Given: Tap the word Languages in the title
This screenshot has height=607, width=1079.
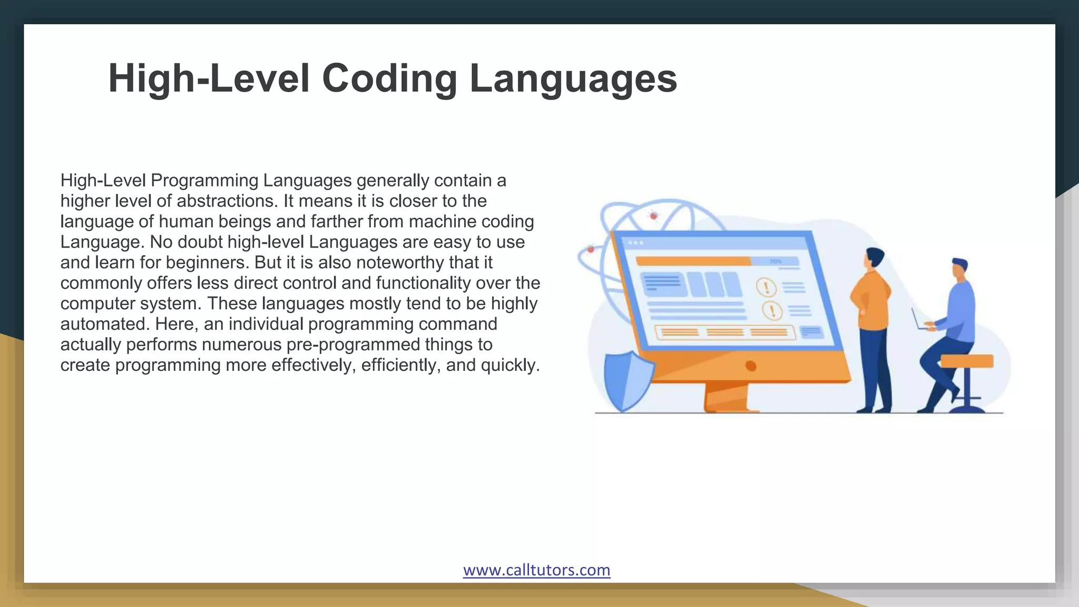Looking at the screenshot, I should [x=573, y=79].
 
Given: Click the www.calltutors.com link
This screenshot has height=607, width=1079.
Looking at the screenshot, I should [x=536, y=570].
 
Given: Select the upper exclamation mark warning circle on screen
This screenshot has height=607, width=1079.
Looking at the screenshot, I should [x=766, y=287].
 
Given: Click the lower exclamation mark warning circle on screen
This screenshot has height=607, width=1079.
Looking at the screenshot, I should [x=772, y=310].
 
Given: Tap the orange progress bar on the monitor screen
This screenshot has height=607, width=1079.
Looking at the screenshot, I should [x=693, y=261].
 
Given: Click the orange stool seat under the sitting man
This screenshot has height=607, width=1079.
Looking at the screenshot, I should [x=966, y=361].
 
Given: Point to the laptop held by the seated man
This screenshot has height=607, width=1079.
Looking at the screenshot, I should [x=919, y=320].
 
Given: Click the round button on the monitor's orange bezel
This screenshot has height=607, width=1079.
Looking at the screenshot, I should [x=751, y=366].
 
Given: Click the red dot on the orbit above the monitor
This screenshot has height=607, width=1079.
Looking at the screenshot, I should [x=654, y=216].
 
